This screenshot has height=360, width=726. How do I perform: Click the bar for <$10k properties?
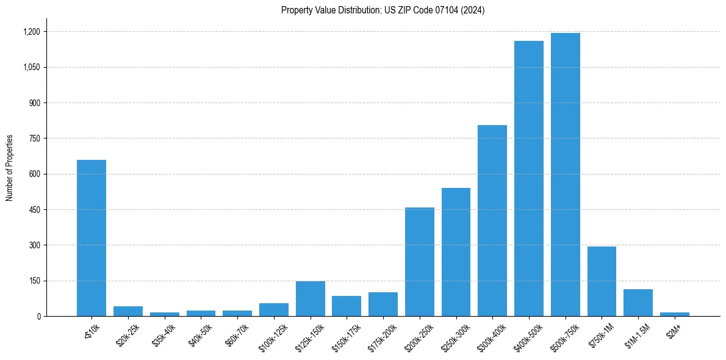tap(92, 238)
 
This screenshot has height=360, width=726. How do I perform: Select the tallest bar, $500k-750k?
tap(565, 175)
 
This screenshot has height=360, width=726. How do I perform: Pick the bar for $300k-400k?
tap(492, 220)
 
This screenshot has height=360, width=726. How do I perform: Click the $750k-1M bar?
tap(602, 281)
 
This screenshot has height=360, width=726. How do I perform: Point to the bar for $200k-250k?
tap(420, 262)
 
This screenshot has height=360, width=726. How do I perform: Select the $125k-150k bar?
tap(311, 298)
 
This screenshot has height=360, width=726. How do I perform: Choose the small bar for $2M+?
tap(674, 314)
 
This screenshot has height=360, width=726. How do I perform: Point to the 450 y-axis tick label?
tap(35, 210)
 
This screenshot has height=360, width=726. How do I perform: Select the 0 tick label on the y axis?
tap(39, 317)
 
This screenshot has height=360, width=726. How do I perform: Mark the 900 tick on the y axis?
tap(35, 103)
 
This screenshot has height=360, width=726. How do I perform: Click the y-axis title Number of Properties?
tap(10, 168)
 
